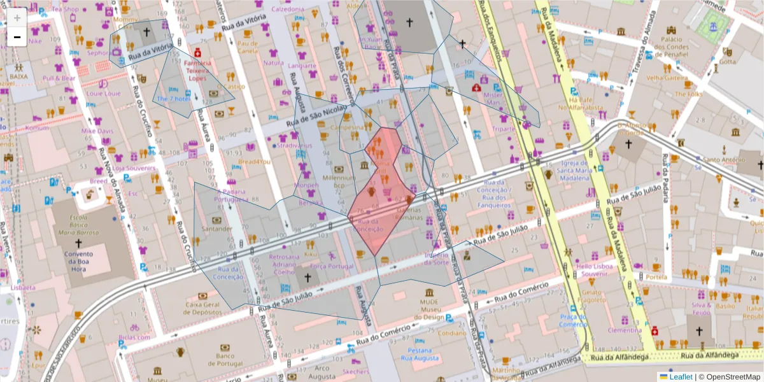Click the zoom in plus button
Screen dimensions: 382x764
coord(17,18)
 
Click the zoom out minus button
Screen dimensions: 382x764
coord(17,37)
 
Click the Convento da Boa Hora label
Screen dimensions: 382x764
coord(80,260)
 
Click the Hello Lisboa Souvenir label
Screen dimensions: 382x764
coord(593,270)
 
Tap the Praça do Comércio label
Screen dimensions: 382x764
coord(573,320)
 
